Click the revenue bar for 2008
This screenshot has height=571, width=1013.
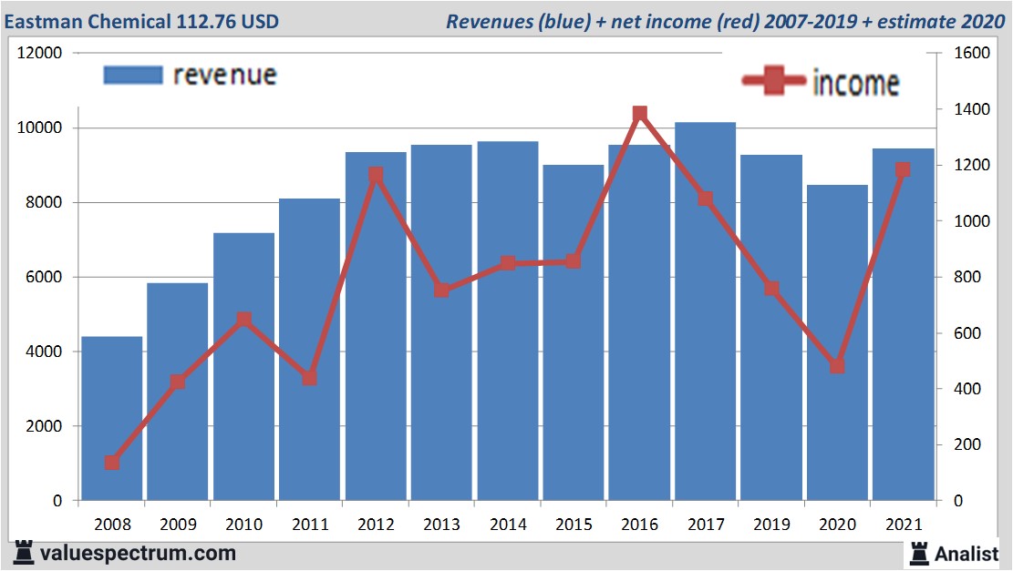pyautogui.click(x=111, y=419)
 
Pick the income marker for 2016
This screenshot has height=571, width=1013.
pyautogui.click(x=639, y=114)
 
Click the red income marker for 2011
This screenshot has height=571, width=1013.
pyautogui.click(x=309, y=377)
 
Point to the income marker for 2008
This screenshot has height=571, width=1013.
pyautogui.click(x=112, y=463)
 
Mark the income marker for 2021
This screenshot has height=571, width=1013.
pyautogui.click(x=903, y=170)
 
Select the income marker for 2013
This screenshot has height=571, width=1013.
pyautogui.click(x=441, y=290)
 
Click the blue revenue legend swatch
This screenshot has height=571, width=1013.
pyautogui.click(x=133, y=75)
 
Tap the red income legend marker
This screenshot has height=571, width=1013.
pyautogui.click(x=775, y=82)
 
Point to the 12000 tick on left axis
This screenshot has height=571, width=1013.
pyautogui.click(x=40, y=53)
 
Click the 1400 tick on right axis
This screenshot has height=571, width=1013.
pyautogui.click(x=970, y=109)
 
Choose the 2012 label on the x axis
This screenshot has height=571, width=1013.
pyautogui.click(x=376, y=525)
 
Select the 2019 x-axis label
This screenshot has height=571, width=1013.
pyautogui.click(x=771, y=525)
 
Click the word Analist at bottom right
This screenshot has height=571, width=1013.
pyautogui.click(x=966, y=553)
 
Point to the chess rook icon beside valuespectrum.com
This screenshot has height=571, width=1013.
pyautogui.click(x=24, y=553)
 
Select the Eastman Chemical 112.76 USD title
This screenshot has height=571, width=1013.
pyautogui.click(x=142, y=21)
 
